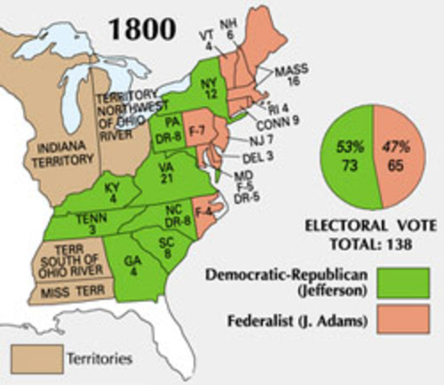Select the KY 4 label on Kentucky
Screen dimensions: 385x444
click(112, 193)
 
